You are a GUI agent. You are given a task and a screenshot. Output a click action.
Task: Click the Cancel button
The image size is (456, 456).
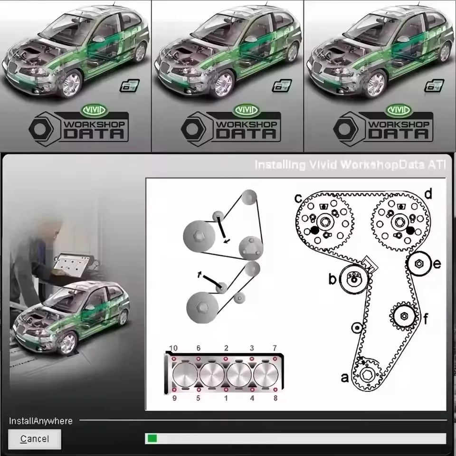tap(35, 439)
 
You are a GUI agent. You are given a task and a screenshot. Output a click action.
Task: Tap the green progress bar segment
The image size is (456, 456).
tap(152, 438)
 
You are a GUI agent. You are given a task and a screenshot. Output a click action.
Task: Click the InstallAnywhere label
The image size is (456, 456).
tap(41, 421)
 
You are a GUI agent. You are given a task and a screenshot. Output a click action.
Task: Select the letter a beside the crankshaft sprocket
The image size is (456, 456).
tap(345, 378)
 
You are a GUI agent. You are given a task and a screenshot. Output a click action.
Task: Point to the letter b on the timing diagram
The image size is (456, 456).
tap(332, 279)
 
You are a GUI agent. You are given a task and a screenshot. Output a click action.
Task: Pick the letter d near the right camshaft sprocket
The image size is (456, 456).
tap(428, 194)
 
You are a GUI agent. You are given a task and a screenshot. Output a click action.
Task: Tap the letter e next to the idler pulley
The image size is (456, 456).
tap(437, 264)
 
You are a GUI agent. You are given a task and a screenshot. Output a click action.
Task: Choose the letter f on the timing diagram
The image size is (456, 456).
tap(426, 319)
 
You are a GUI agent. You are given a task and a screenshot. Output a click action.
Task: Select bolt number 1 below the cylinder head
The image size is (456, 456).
tap(226, 398)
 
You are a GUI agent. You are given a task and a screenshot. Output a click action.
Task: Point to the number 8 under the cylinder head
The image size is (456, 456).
tap(275, 398)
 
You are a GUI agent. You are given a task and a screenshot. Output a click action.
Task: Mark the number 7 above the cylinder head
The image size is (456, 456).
tap(275, 349)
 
